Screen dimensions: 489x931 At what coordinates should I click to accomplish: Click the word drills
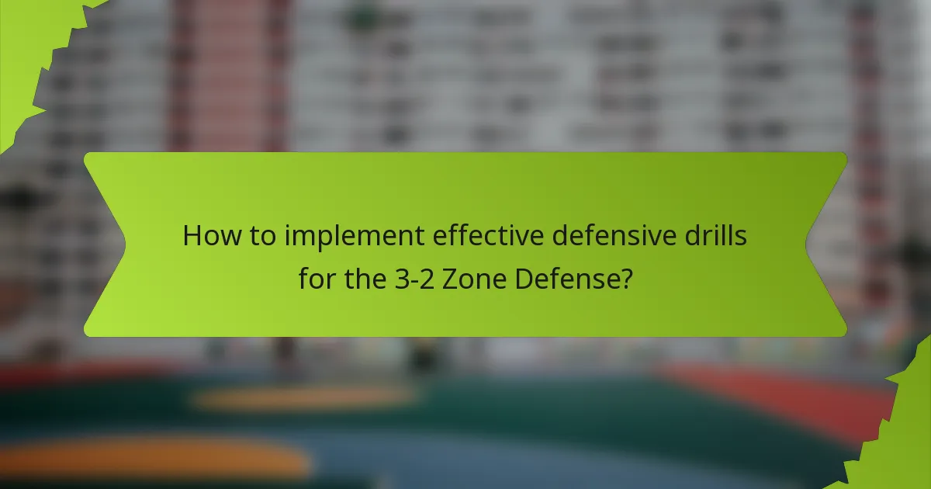pos(717,236)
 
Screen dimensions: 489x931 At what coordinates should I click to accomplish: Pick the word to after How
pos(259,236)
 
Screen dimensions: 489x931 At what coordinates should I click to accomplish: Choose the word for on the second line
pos(316,279)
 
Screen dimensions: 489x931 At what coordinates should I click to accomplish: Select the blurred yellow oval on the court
pos(303,398)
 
